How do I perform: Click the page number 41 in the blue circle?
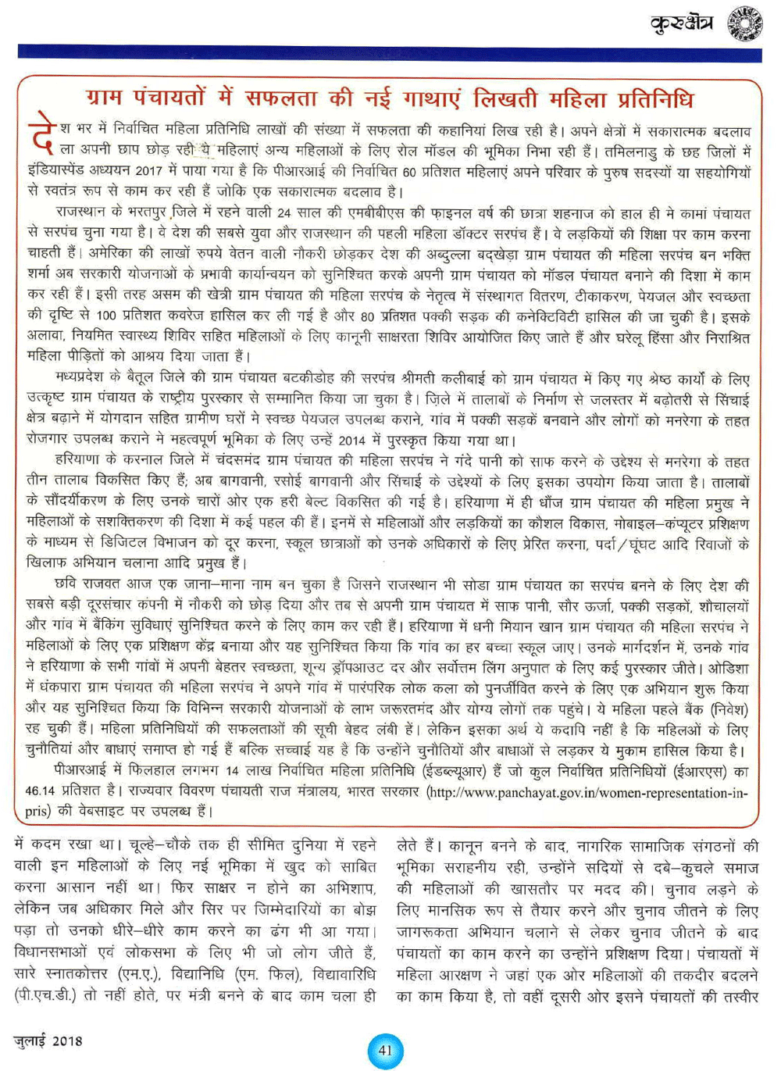pyautogui.click(x=386, y=1050)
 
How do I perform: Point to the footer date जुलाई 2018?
pyautogui.click(x=48, y=1041)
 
